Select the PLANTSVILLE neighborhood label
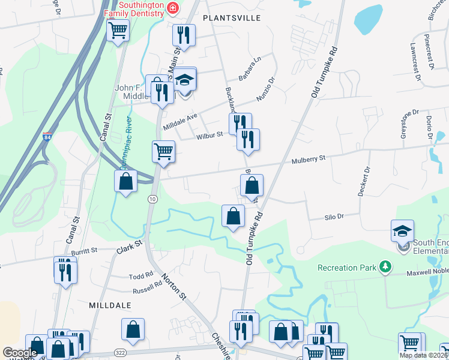click(232, 18)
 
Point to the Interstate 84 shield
click(47, 137)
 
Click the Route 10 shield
click(153, 199)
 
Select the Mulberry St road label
click(309, 159)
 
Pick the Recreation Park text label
click(346, 267)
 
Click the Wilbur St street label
click(209, 136)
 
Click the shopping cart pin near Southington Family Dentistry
click(118, 29)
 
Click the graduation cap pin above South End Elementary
click(402, 231)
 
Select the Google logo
click(20, 353)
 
